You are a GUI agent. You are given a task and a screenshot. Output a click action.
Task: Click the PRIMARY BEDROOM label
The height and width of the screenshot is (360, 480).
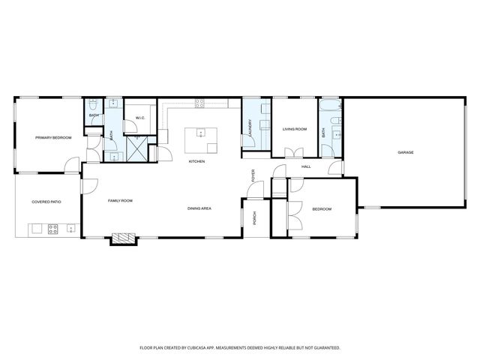pos(52,138)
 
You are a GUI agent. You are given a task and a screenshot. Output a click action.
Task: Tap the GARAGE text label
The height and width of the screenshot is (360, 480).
pos(406,152)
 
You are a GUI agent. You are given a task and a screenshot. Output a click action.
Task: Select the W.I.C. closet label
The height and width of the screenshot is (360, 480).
pos(139,117)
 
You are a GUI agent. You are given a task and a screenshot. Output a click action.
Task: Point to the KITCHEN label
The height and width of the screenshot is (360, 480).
pos(197,162)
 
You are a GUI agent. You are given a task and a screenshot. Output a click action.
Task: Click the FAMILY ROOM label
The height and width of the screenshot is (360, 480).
pos(120,201)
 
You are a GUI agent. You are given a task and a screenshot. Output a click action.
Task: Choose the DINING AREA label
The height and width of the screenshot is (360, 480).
pos(199,208)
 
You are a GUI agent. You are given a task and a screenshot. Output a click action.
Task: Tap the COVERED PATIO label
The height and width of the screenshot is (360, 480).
pos(46,202)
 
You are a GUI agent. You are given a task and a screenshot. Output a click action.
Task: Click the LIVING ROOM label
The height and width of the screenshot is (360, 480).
pos(295,130)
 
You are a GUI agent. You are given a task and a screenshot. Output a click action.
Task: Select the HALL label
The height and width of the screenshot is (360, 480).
pos(306,166)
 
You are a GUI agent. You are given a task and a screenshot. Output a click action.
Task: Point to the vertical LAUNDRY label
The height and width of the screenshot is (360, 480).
pos(250,128)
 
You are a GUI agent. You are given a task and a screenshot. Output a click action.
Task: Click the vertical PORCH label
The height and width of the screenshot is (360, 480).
pos(254,218)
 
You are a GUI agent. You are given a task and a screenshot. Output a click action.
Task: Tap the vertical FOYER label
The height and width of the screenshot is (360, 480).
pos(253,175)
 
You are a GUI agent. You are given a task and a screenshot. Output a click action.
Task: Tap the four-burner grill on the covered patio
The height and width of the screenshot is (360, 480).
pos(53,229)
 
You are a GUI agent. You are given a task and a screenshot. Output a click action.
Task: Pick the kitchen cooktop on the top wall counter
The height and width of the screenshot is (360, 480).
pos(200,103)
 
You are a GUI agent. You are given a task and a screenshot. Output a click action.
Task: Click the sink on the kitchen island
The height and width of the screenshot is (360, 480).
pos(200,133)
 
